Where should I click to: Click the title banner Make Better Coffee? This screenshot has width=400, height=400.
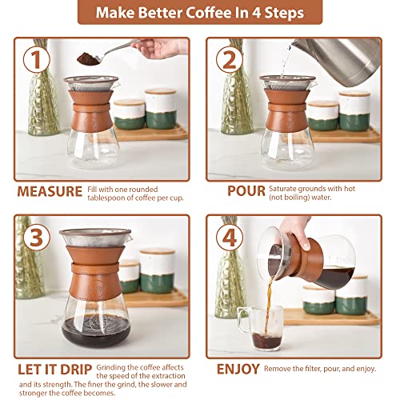click(x=199, y=14)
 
